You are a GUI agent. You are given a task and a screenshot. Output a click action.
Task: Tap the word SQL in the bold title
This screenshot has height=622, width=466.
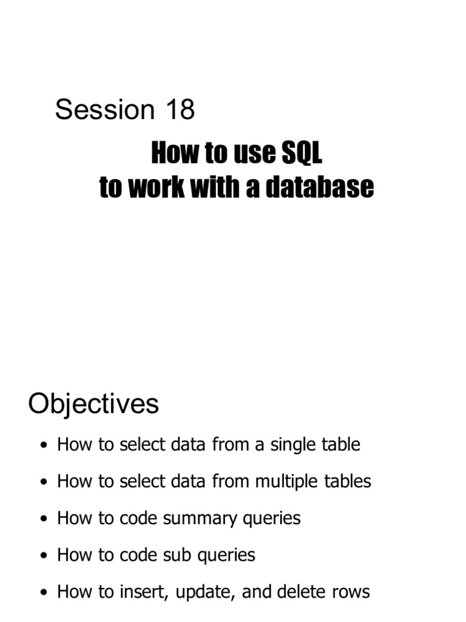301,154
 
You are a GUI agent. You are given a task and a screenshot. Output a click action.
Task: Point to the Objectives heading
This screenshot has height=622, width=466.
93,404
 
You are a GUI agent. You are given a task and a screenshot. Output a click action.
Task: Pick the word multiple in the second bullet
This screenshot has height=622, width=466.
286,482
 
